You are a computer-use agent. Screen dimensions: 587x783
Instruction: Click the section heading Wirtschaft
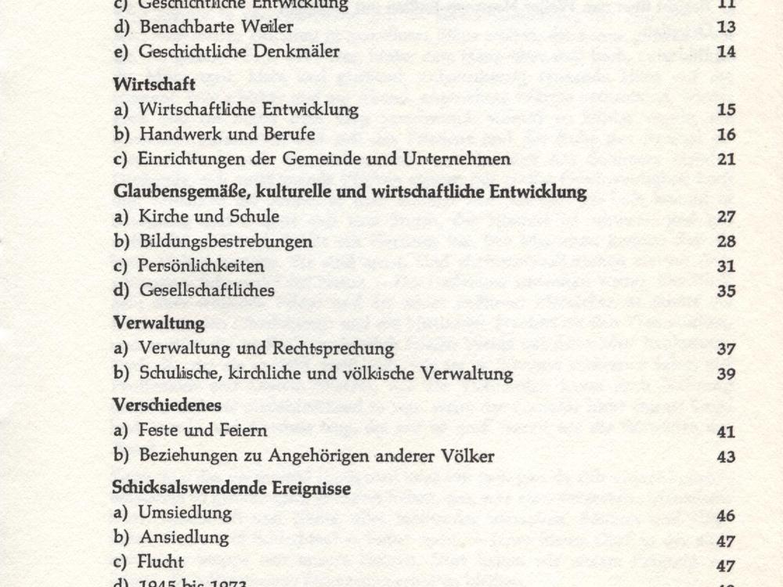coord(154,82)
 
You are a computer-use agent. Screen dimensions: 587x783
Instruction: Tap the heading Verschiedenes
coord(167,405)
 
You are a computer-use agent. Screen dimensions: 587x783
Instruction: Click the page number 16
coord(726,135)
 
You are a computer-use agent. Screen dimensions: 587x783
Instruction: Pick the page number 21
coord(726,160)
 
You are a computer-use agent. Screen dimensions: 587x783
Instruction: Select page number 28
coord(726,241)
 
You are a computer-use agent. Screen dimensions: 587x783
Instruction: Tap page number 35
coord(726,291)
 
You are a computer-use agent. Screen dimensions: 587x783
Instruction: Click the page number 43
coord(726,456)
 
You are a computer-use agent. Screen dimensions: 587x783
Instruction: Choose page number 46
coord(726,514)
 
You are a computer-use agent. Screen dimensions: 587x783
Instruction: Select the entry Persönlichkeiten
coord(201,266)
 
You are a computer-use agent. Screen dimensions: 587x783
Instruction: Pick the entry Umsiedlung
coord(185,513)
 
